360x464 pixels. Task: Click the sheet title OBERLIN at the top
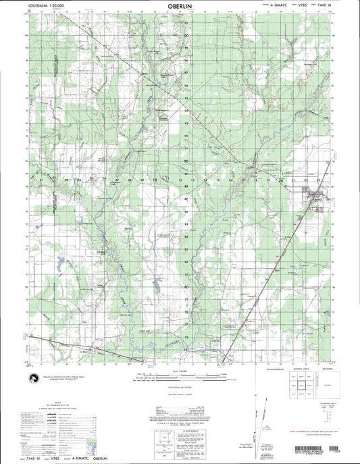click(x=180, y=11)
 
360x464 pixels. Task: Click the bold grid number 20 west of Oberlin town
click(x=280, y=180)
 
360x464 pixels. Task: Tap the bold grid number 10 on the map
click(x=155, y=180)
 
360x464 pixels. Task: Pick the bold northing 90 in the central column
click(x=186, y=163)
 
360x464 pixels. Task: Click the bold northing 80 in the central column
click(x=186, y=286)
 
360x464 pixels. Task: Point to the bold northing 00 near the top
click(x=186, y=35)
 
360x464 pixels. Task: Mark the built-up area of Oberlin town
click(x=315, y=197)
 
